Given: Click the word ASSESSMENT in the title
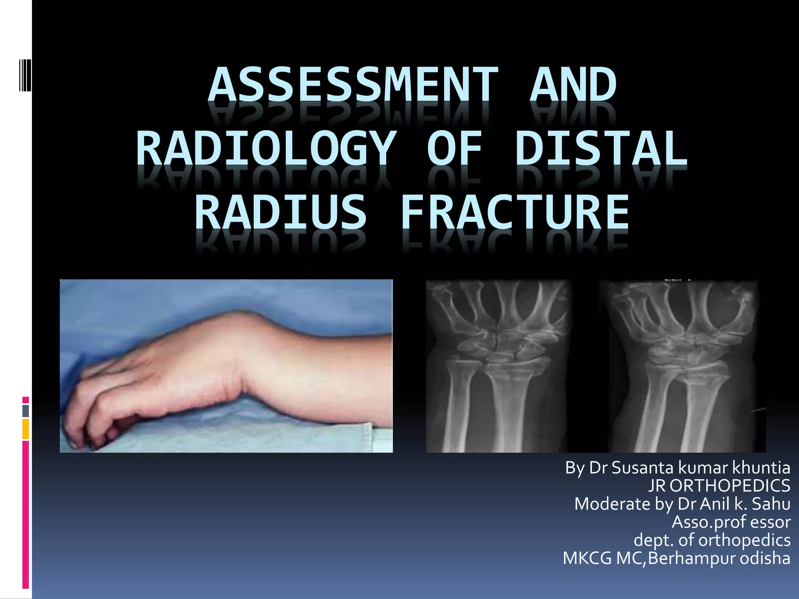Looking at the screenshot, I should coord(353,85).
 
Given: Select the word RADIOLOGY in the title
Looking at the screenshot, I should coord(266,149).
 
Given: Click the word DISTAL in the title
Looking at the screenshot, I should coord(601,149).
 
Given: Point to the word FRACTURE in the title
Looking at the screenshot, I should coord(515,213).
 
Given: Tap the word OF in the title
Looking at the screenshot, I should coord(455,149).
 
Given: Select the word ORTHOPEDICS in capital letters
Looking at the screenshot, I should coord(730,486).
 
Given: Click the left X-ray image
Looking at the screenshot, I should coord(499,366).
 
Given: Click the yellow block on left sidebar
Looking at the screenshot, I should coord(25,429).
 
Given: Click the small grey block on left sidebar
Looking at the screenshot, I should coord(25,411).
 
